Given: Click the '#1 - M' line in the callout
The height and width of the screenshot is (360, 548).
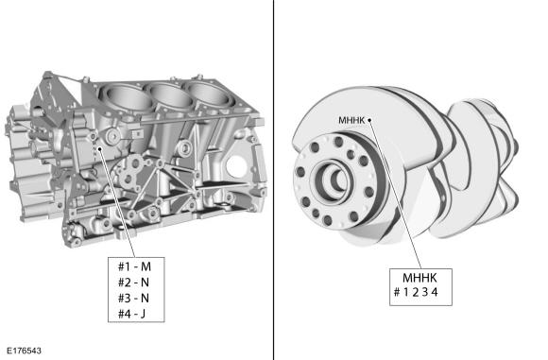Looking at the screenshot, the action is [134, 266].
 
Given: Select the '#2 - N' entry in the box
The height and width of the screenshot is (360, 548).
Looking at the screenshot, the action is [133, 283].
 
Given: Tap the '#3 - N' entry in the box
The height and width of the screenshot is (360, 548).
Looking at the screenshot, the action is [133, 299].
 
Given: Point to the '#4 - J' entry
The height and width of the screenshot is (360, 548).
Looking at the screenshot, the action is [131, 314].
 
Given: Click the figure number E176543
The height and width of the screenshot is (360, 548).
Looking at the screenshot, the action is [24, 351].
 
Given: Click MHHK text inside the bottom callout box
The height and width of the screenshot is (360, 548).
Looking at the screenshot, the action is [420, 278].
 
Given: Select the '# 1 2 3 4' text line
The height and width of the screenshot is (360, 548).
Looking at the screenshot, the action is [416, 292].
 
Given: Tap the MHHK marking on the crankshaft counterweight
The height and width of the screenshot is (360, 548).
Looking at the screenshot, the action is [351, 120].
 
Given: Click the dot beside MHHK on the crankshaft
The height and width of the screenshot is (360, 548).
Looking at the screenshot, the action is [369, 120].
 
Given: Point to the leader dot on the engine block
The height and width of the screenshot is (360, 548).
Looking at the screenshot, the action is [99, 149].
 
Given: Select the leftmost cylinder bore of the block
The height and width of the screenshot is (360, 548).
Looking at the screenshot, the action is [126, 97].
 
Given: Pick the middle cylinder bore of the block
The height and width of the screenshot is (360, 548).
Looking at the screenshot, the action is [170, 95].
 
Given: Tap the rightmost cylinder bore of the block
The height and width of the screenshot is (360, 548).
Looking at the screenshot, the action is [209, 92].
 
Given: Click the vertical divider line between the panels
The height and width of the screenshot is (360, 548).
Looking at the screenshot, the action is [273, 180].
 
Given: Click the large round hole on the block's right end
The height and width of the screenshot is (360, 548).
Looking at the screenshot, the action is [237, 165].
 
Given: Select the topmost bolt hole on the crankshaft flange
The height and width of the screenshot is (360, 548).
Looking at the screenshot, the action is [338, 142].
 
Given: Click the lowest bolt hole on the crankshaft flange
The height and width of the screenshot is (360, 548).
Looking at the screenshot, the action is [328, 220].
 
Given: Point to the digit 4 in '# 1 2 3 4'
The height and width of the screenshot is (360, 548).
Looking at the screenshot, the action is [435, 292].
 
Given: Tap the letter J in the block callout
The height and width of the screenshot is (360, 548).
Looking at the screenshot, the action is [143, 315].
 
